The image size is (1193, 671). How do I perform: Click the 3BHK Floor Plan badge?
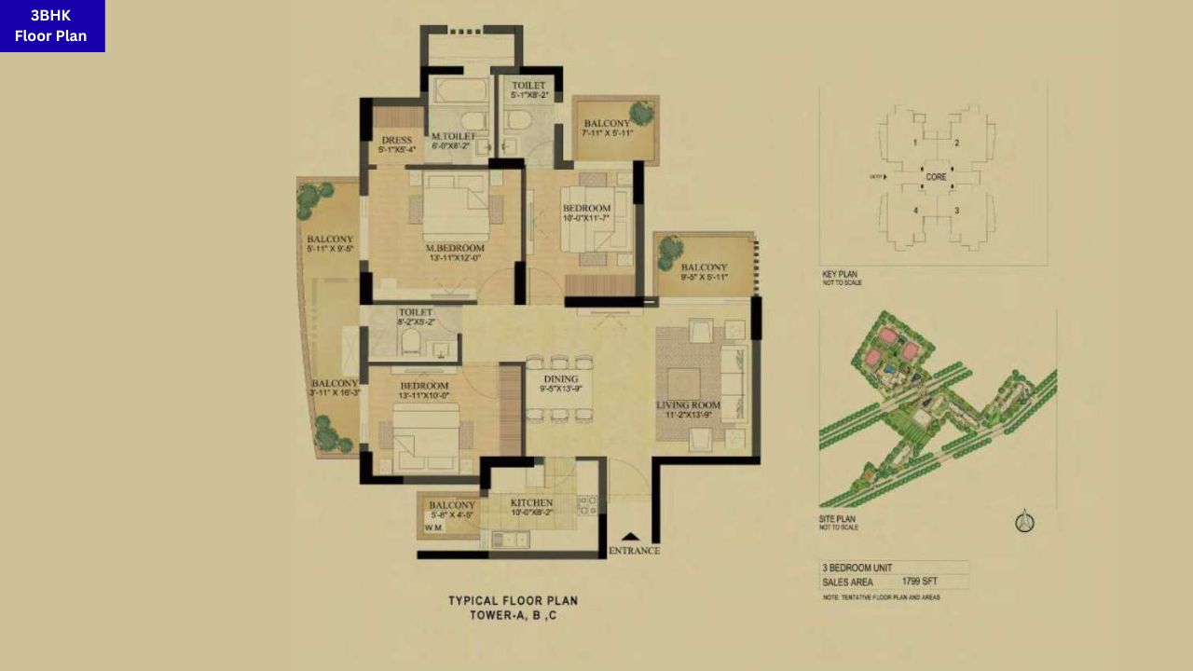pos(52,25)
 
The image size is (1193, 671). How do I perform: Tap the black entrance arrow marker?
pos(631,537)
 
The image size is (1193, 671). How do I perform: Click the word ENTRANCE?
pos(634,551)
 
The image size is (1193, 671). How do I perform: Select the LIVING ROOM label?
pos(688,404)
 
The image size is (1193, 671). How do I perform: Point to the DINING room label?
pos(560,379)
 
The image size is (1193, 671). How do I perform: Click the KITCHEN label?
pos(531,502)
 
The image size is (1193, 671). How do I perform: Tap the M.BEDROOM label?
pos(455,248)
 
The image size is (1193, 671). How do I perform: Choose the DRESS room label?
pos(397,141)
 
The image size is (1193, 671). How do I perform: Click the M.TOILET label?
pos(454,136)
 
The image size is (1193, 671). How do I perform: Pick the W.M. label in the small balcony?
pos(433,527)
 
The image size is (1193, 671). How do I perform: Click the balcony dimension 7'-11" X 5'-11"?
pos(607,133)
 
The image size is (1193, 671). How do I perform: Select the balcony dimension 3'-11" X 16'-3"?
pos(335,392)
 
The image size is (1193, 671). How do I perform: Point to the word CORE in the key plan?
pos(936,176)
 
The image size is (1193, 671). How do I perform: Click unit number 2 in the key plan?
pos(956,144)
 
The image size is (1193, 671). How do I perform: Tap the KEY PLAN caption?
pos(839,274)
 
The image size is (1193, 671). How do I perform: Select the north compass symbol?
pos(1024,522)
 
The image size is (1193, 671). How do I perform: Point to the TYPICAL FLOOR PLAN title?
pos(513,601)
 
